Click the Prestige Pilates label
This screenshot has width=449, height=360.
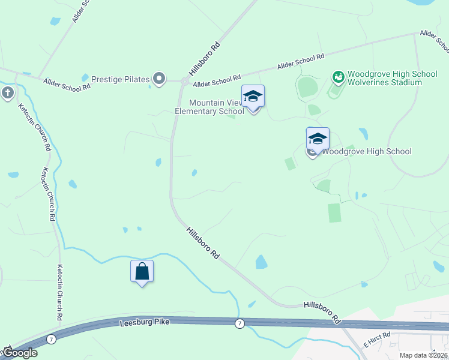119,79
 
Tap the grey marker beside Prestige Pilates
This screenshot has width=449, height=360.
159,79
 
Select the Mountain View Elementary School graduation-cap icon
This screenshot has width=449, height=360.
253,97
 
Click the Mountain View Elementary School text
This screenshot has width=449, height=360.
209,107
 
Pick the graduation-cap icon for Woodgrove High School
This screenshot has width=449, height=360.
318,139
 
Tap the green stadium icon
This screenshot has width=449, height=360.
339,77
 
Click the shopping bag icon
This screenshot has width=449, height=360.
142,271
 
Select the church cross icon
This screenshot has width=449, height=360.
7,93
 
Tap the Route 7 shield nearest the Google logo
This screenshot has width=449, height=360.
52,339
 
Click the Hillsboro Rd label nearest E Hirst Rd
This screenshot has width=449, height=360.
322,310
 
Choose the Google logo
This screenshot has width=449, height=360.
19,353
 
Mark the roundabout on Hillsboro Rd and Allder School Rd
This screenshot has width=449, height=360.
183,80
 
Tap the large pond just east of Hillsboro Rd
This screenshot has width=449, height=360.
261,262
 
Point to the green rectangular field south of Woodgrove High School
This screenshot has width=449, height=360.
334,213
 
